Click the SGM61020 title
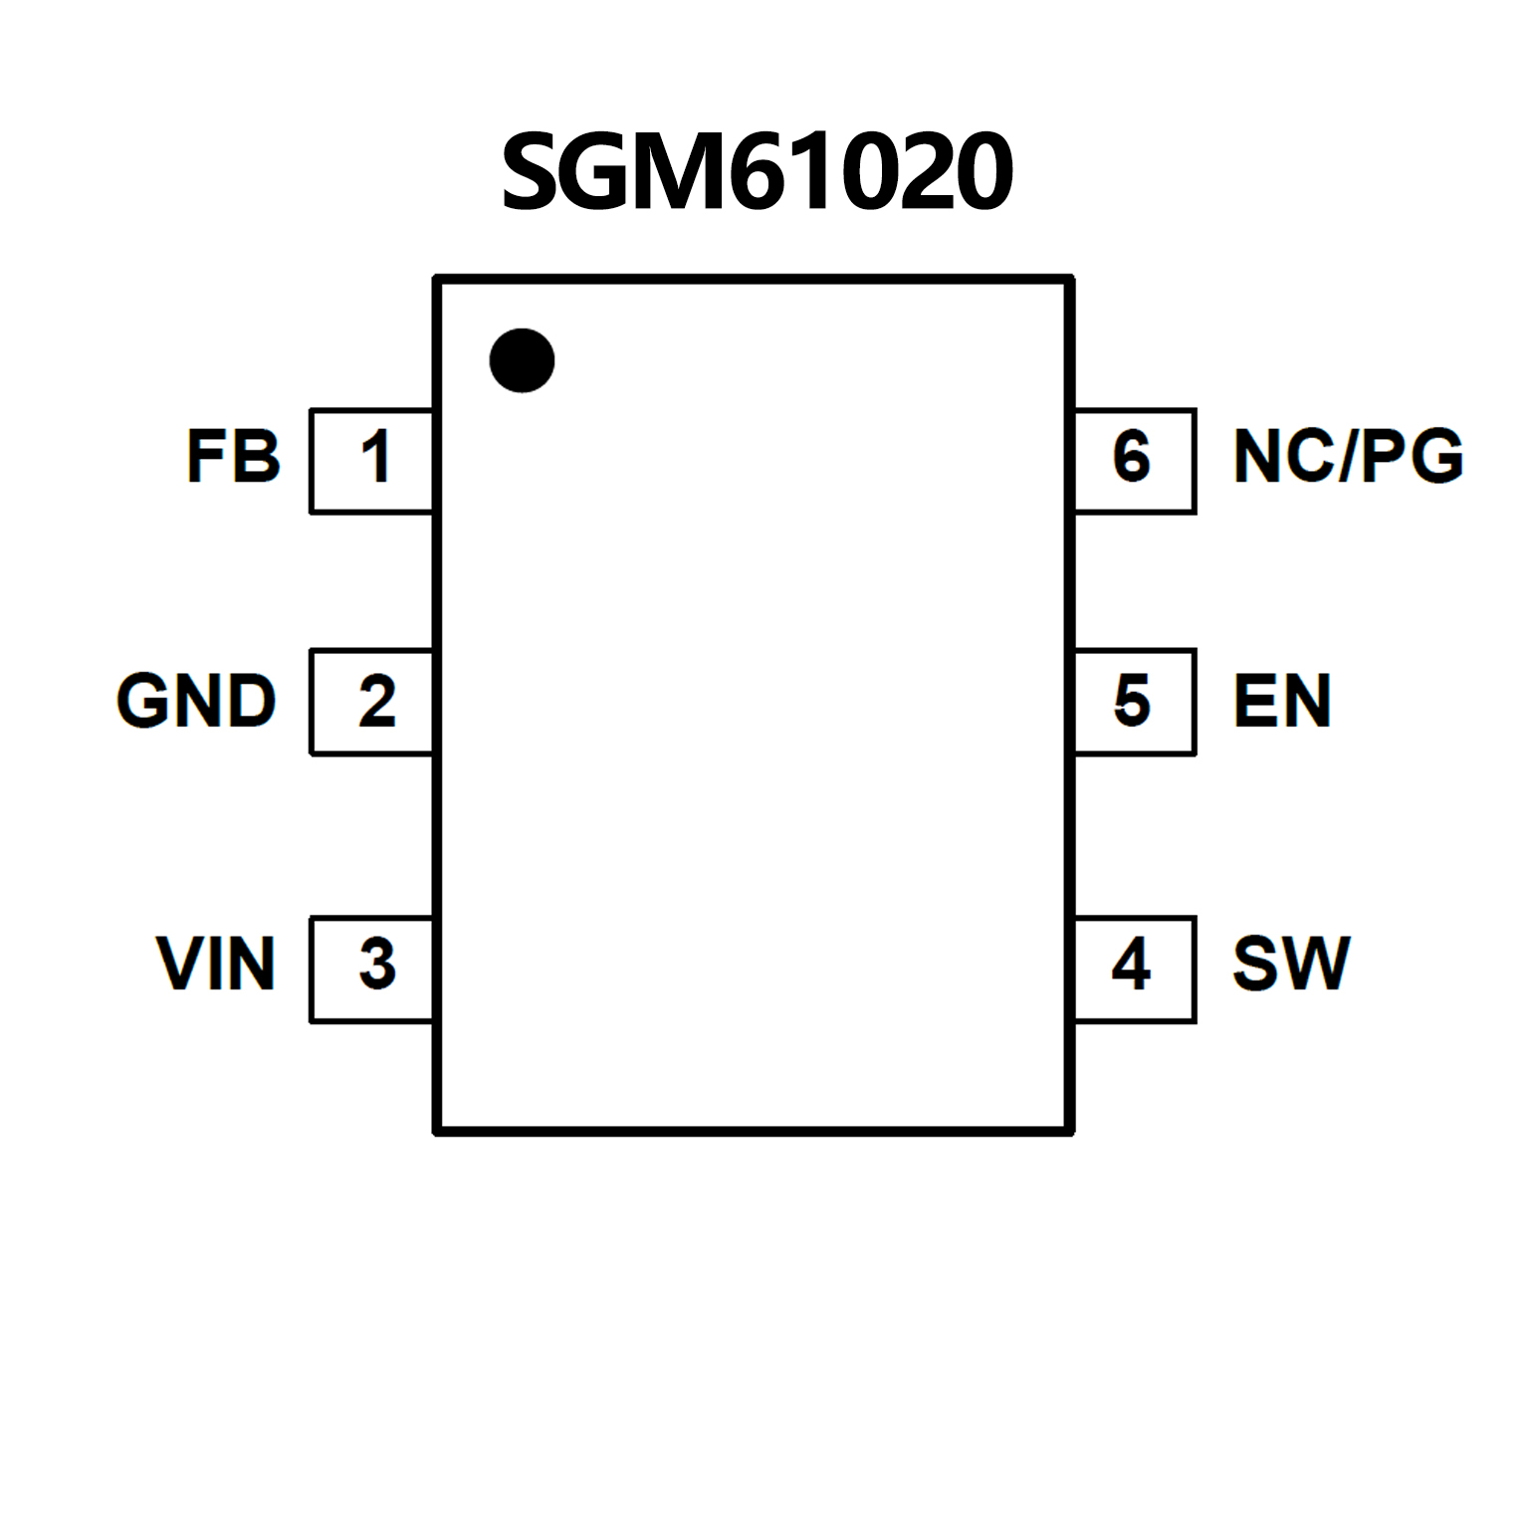click(x=758, y=171)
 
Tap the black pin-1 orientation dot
click(x=522, y=360)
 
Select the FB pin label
click(x=234, y=457)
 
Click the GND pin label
click(x=196, y=700)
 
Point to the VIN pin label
click(x=216, y=964)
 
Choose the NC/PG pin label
click(x=1348, y=457)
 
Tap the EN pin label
click(x=1282, y=701)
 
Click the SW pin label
click(x=1291, y=964)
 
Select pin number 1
click(x=375, y=458)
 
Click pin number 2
click(x=377, y=702)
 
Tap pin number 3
click(x=377, y=965)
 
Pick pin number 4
click(x=1132, y=964)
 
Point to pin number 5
click(x=1132, y=701)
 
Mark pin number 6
click(x=1132, y=458)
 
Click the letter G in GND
click(x=141, y=700)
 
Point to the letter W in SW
click(x=1315, y=964)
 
